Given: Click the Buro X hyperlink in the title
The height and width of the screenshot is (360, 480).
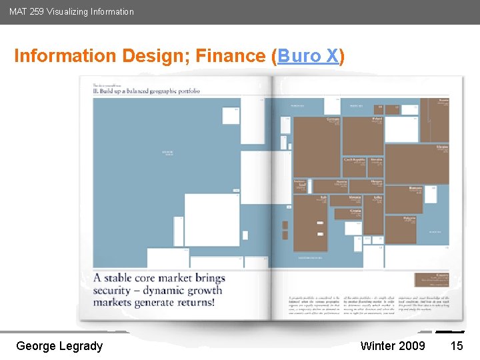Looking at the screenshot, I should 308,56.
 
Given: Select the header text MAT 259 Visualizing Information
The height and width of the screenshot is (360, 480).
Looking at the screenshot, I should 71,11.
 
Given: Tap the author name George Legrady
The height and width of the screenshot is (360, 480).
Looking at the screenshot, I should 59,345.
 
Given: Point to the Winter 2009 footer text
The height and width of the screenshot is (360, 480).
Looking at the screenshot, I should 393,345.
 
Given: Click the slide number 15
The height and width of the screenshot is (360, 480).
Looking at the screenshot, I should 457,345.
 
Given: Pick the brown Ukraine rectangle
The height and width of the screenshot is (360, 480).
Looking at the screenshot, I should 417,163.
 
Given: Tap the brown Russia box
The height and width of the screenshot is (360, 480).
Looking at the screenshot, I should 434,120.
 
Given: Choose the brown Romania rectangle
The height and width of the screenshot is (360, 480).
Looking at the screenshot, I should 403,199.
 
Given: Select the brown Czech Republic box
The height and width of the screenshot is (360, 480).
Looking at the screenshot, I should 353,167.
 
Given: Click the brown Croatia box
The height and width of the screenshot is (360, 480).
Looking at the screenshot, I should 348,213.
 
